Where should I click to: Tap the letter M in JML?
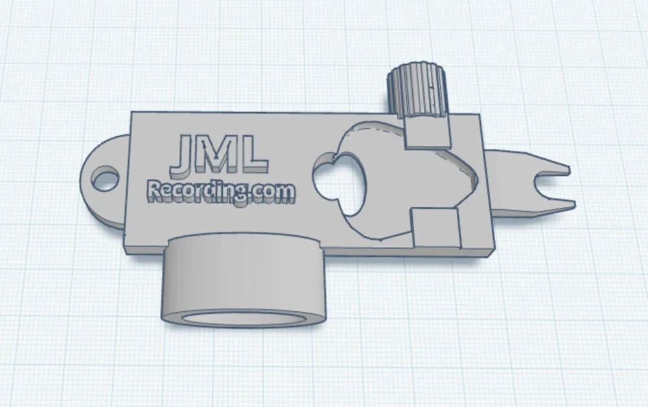click(219, 154)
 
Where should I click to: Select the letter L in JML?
click(255, 154)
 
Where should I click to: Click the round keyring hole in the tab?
click(105, 178)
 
